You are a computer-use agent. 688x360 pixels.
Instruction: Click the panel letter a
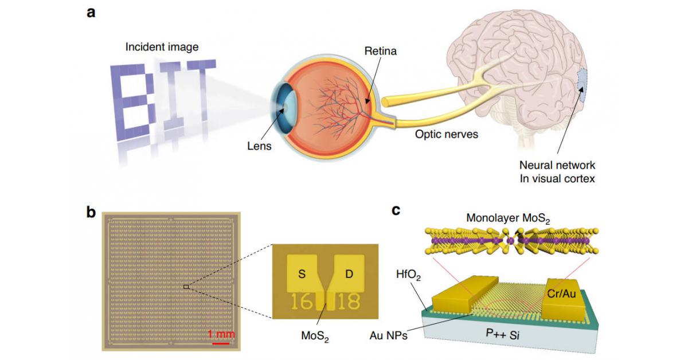(91, 13)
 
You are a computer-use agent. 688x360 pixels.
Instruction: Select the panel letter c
(396, 210)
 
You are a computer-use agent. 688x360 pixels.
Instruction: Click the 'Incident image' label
(162, 47)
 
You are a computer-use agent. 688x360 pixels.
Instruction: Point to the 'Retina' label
(380, 52)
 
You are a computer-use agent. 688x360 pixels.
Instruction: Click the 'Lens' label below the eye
(260, 146)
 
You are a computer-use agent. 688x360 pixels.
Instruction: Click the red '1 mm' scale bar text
(221, 334)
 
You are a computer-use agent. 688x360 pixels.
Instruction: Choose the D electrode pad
(349, 272)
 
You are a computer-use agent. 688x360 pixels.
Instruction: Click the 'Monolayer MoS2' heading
(507, 218)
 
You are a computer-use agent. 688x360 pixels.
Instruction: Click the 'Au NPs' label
(388, 335)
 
